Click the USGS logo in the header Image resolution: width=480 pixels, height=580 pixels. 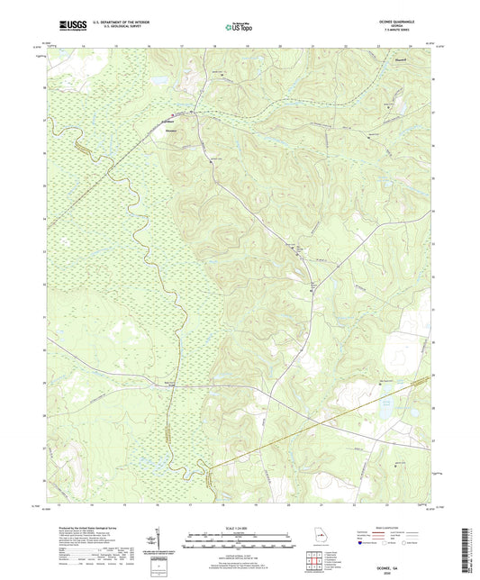coord(71,26)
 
